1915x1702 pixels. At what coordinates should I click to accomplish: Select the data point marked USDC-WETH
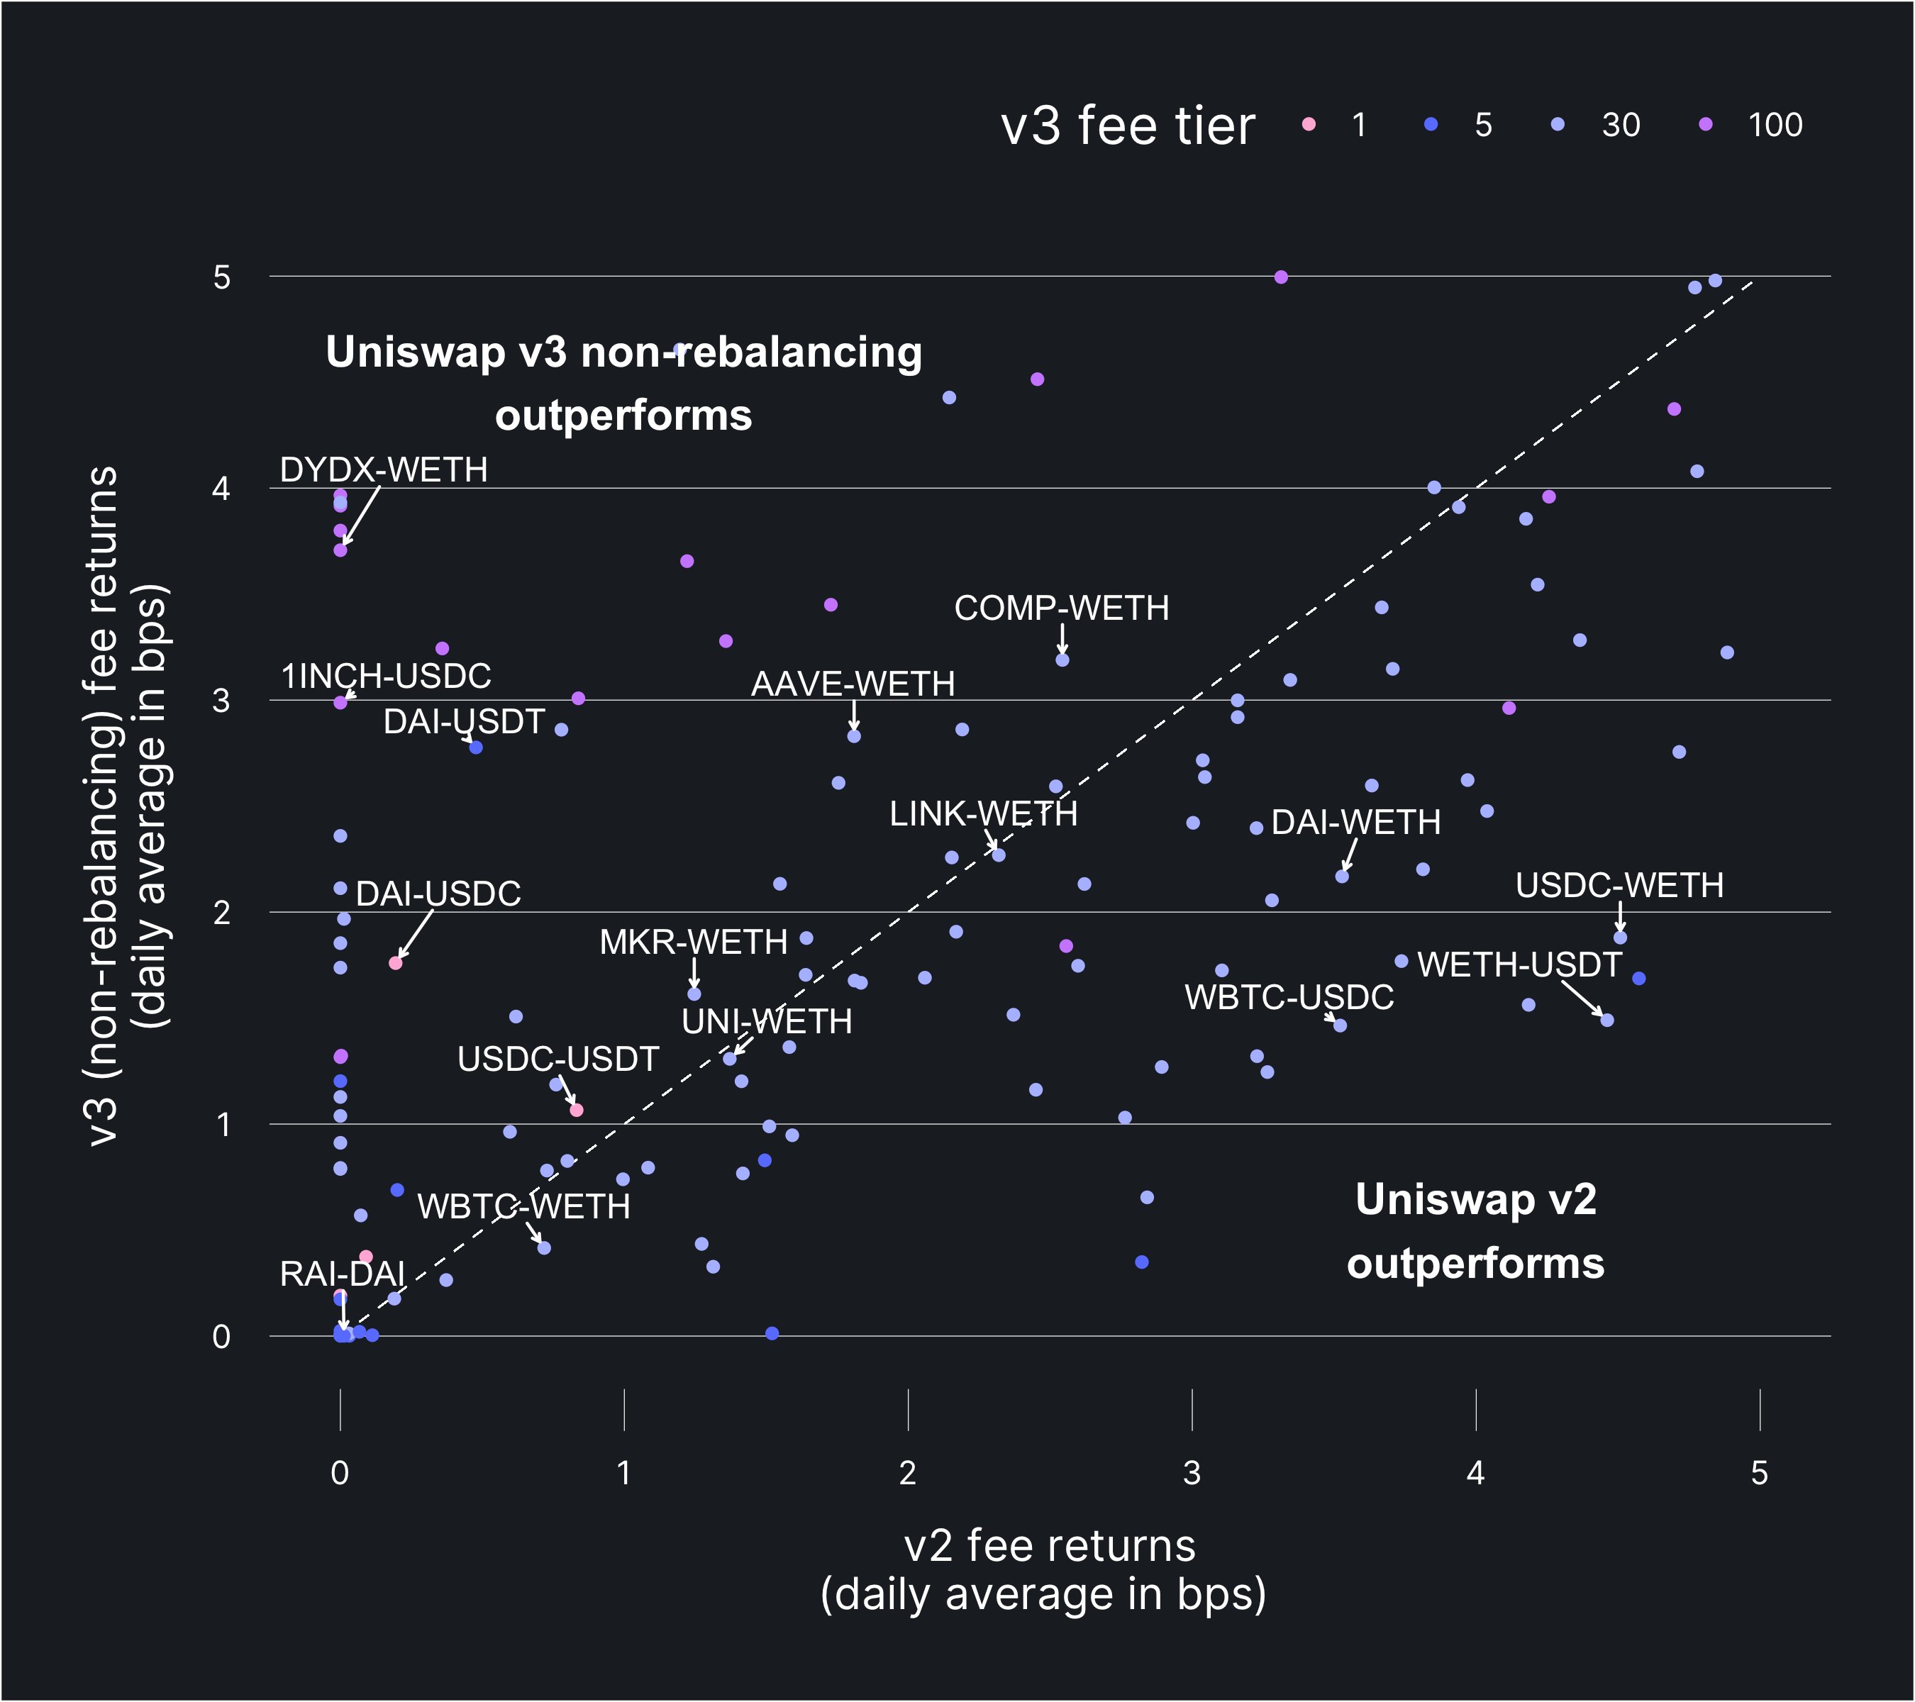(1620, 938)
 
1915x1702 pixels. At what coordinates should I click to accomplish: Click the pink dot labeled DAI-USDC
(395, 963)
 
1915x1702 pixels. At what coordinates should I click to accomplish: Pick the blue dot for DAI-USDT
(476, 747)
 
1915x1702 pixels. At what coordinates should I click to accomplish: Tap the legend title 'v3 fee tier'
(1127, 126)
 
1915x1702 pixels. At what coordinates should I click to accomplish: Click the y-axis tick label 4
(221, 488)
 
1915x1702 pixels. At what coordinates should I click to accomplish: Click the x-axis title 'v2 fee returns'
(1048, 1545)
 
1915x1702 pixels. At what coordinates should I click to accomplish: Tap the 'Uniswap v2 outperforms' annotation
(1475, 1232)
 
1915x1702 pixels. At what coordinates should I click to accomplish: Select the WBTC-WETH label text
(523, 1206)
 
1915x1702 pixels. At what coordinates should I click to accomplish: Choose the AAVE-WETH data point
(853, 736)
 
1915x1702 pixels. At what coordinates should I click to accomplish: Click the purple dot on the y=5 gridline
(1281, 277)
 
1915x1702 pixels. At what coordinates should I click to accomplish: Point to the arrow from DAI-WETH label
(1349, 855)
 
